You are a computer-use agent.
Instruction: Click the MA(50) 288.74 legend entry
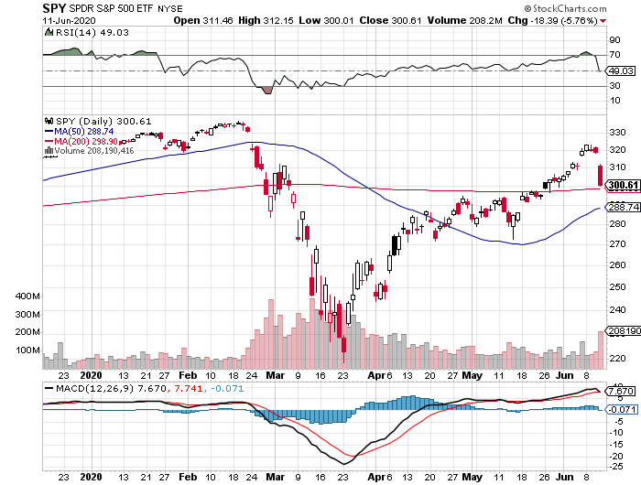tap(87, 131)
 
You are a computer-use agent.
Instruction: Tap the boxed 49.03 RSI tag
tap(621, 70)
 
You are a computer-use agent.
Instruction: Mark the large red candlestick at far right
tap(600, 175)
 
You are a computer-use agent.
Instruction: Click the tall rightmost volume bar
tap(601, 350)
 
